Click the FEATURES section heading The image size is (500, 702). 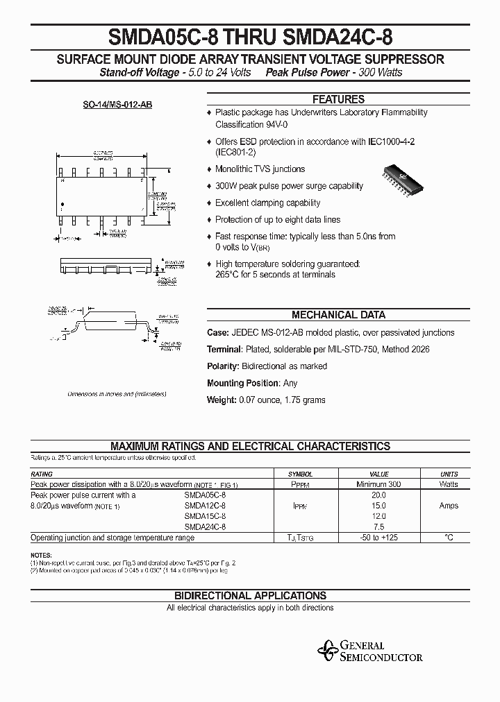338,99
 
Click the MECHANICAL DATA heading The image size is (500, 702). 338,314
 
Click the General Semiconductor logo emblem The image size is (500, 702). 326,650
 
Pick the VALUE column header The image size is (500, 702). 379,474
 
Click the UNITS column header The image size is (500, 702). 449,474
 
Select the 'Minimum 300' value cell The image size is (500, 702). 378,484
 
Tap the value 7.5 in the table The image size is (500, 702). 379,526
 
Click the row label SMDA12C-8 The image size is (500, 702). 205,506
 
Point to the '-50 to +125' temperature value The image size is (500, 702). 379,538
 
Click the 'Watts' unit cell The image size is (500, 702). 449,484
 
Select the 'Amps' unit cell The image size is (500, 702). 449,506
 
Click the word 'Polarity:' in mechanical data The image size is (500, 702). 224,366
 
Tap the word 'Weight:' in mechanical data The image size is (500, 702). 221,400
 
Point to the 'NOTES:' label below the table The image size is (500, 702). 41,556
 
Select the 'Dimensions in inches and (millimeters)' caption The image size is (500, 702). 117,394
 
